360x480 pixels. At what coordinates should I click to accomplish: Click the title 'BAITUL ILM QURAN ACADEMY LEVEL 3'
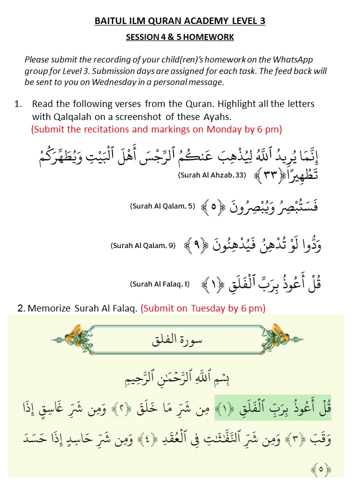[x=180, y=21]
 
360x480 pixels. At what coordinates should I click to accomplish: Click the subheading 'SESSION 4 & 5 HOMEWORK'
[x=180, y=37]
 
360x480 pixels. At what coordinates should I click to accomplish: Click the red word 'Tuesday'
[x=208, y=308]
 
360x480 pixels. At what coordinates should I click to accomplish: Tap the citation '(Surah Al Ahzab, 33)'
[x=212, y=175]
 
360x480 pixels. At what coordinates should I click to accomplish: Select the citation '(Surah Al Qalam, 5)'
[x=162, y=206]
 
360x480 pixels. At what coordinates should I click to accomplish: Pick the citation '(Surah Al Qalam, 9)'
[x=143, y=246]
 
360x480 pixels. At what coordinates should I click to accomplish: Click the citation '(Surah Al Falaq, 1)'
[x=160, y=284]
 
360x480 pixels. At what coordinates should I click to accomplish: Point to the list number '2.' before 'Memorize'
[x=21, y=308]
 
